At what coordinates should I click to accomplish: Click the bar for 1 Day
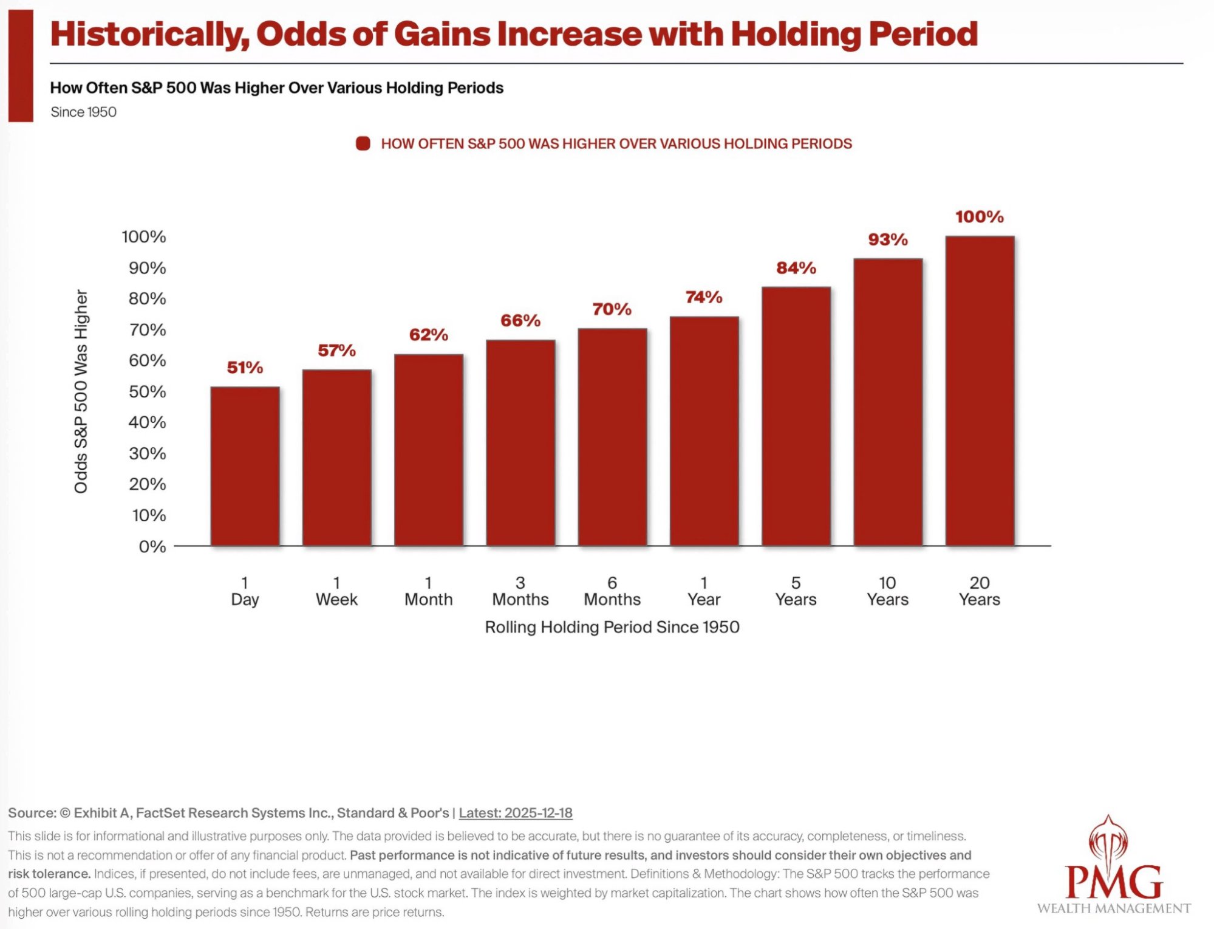(245, 466)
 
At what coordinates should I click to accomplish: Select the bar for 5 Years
(796, 416)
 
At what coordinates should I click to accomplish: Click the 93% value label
(887, 239)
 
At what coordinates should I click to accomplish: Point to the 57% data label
(336, 350)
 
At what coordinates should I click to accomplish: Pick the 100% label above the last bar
(979, 216)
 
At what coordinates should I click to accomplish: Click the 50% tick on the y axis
(147, 391)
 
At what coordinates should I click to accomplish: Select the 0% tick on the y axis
(152, 546)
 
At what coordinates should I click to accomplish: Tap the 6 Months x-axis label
(612, 591)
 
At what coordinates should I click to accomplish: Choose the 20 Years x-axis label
(979, 591)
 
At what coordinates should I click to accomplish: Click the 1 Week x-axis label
(336, 591)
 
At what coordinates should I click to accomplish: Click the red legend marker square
(363, 143)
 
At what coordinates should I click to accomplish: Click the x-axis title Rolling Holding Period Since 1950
(612, 627)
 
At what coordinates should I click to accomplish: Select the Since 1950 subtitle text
(84, 112)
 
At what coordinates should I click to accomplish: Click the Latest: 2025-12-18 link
(516, 813)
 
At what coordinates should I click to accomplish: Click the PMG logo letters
(1114, 882)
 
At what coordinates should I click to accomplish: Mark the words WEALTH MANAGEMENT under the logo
(1114, 908)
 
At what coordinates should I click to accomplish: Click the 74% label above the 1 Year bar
(704, 297)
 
